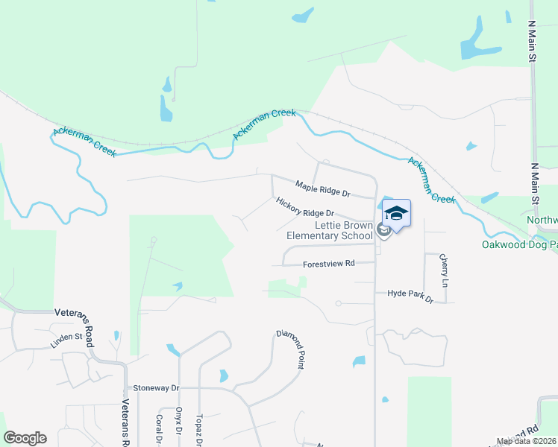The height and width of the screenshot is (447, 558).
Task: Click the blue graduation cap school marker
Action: click(x=397, y=213)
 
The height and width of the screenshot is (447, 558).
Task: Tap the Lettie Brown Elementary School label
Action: click(x=329, y=230)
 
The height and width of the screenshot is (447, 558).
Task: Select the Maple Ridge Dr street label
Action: click(x=322, y=188)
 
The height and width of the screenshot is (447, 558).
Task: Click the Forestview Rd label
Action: click(x=329, y=264)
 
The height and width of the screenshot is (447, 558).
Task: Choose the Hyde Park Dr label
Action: click(x=410, y=294)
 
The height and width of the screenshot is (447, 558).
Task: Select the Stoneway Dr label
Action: click(x=157, y=388)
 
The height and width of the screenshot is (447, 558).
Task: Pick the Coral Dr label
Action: click(x=160, y=429)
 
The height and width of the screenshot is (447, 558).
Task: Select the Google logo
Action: click(x=25, y=438)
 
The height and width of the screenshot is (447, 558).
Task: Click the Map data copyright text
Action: click(x=526, y=441)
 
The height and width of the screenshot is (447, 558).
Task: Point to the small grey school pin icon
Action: click(x=383, y=230)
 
